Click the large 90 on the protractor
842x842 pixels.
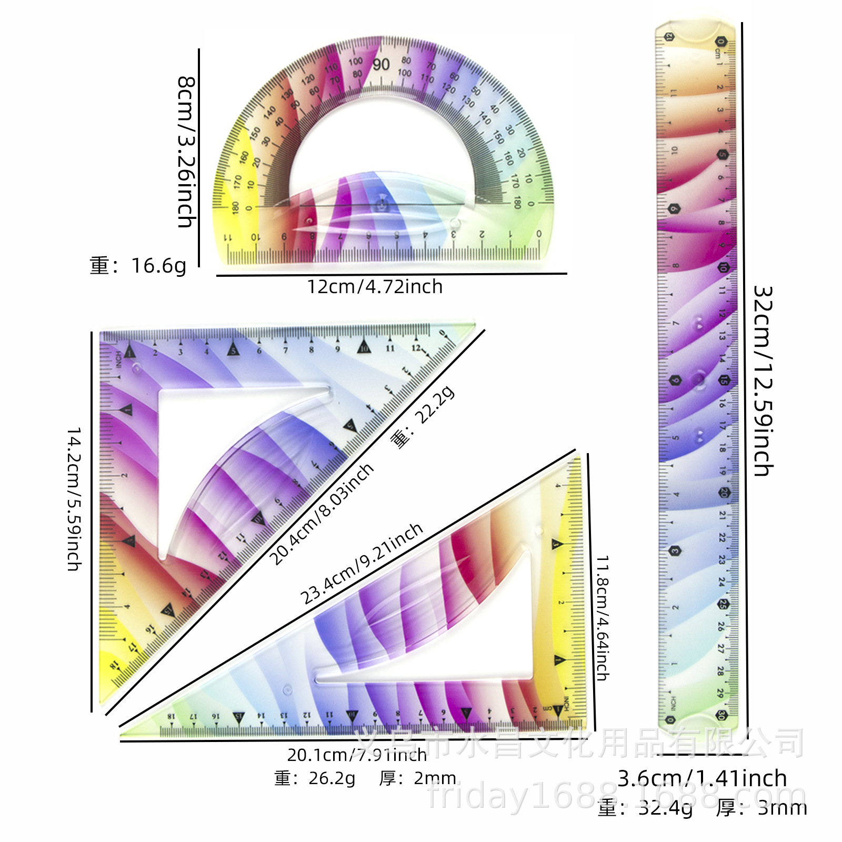point(381,65)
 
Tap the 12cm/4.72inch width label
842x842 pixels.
point(375,287)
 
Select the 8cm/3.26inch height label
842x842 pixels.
point(186,152)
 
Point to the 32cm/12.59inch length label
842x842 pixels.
point(763,381)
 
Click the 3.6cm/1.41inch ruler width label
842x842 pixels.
point(702,778)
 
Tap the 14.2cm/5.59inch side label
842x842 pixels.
point(74,499)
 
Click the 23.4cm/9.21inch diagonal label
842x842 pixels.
point(362,563)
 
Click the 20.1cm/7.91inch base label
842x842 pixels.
point(357,755)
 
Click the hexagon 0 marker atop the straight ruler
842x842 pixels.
point(719,41)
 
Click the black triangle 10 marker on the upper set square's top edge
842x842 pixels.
point(364,347)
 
